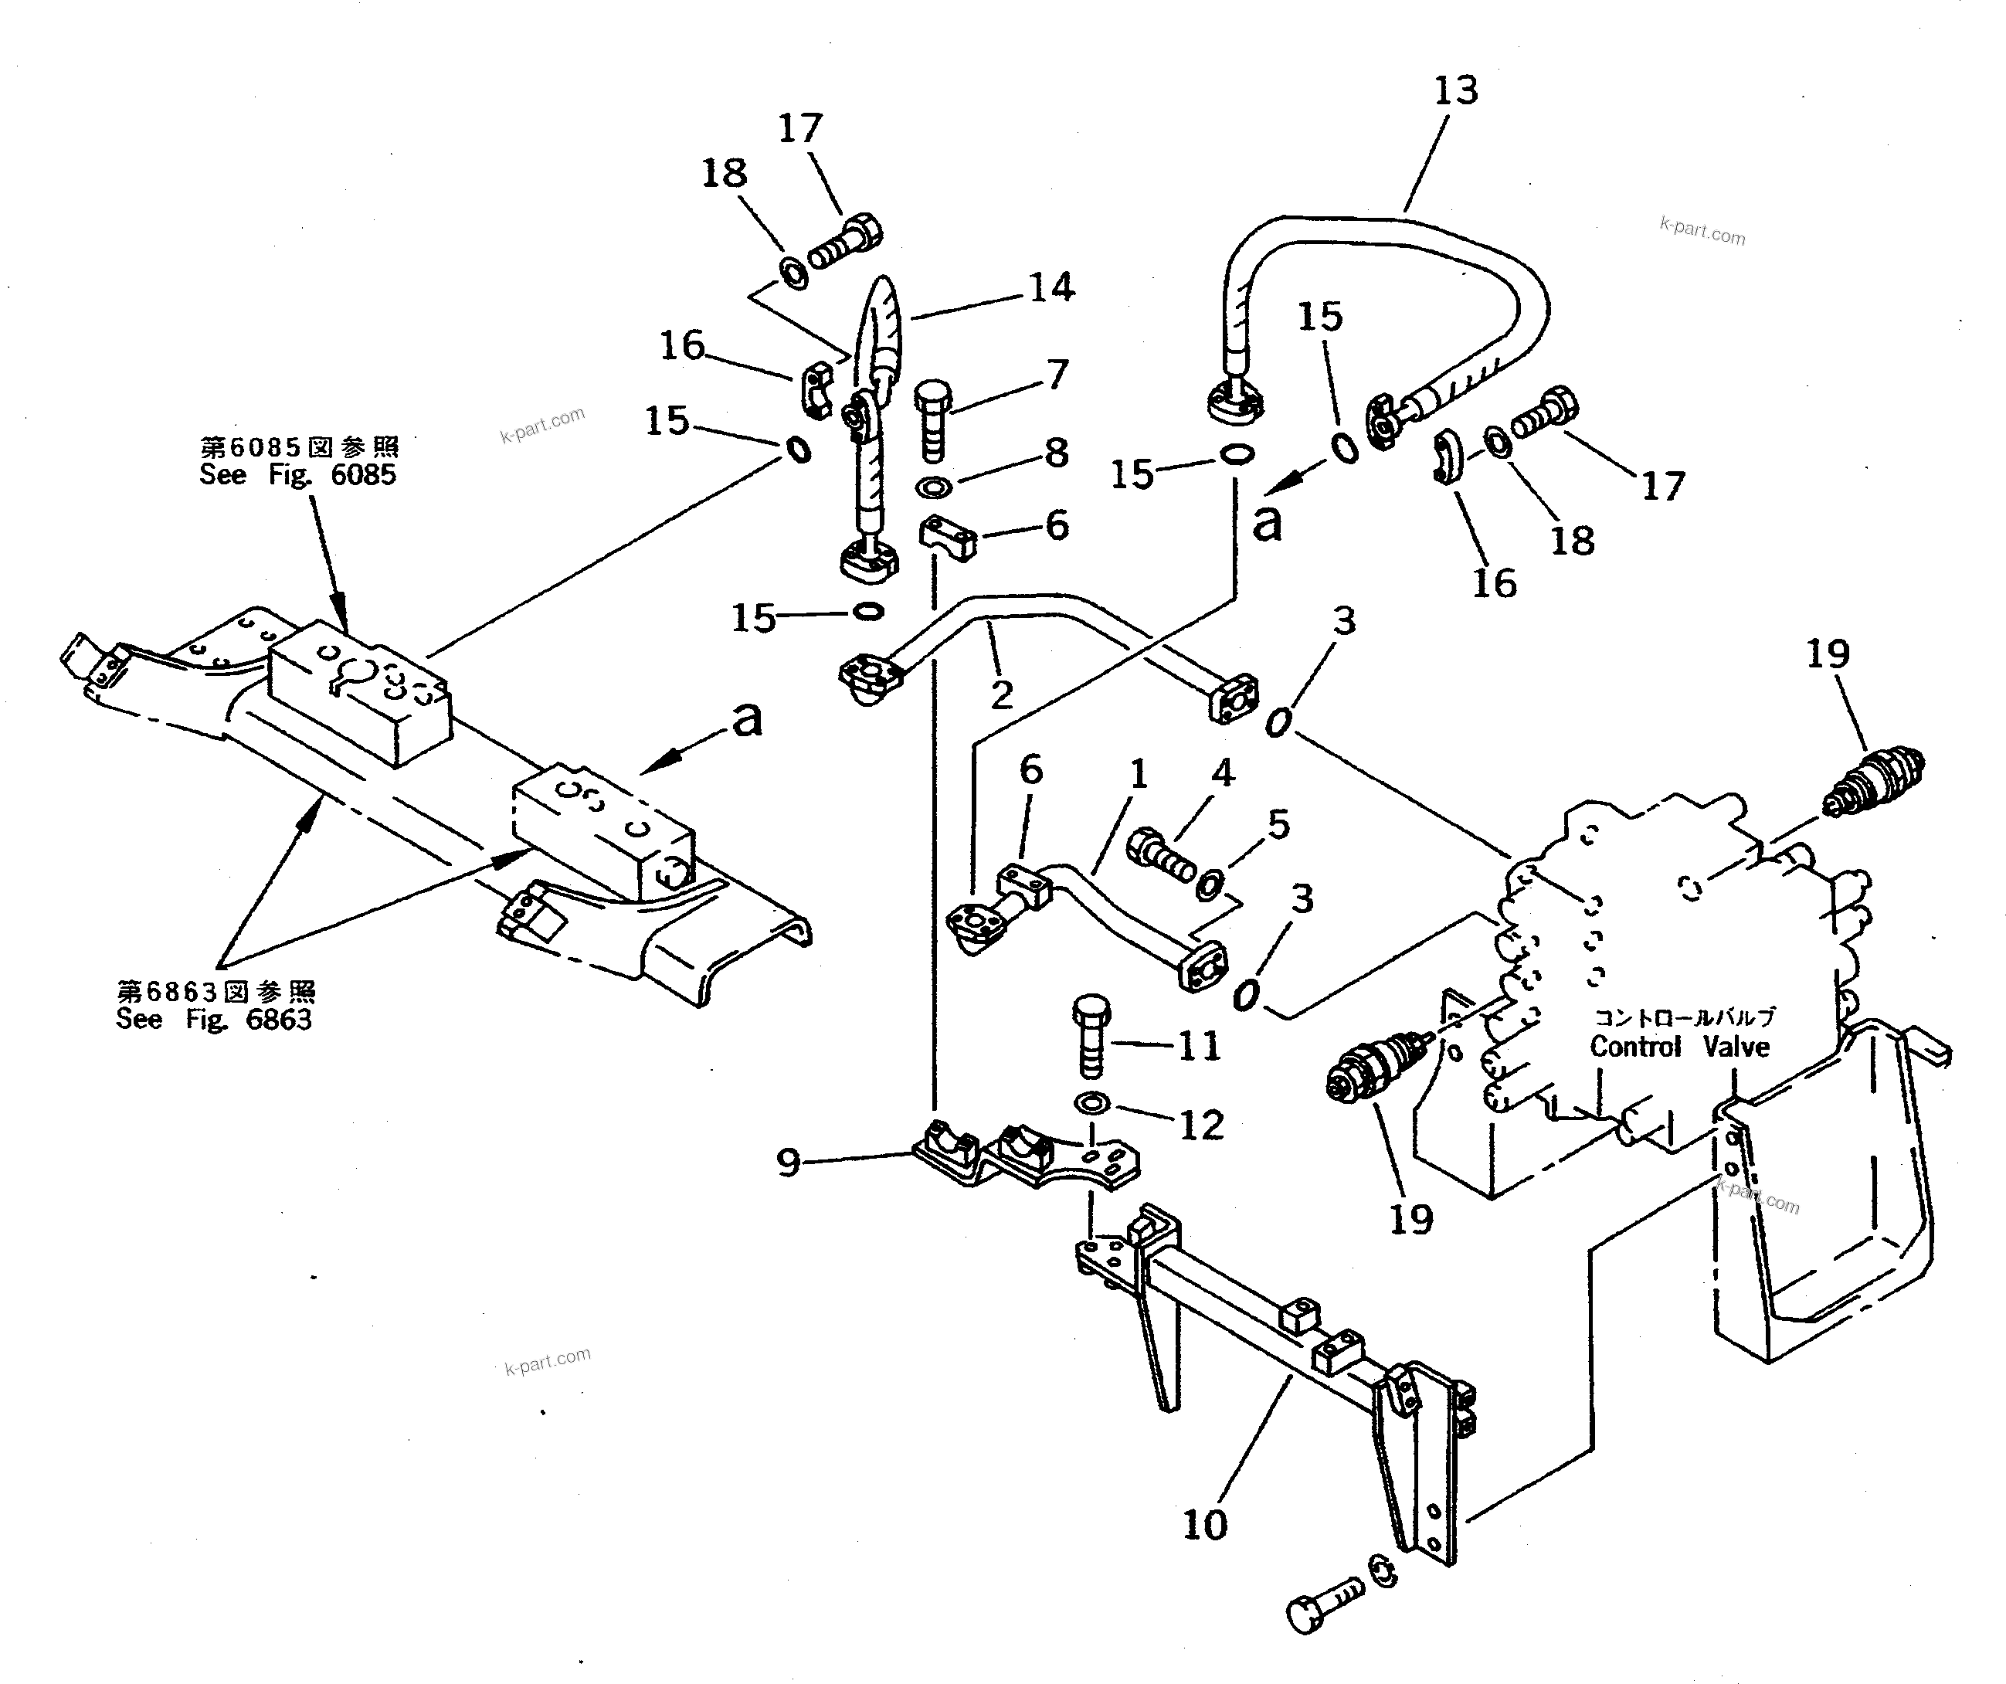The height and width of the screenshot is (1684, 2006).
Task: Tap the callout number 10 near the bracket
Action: click(x=1204, y=1523)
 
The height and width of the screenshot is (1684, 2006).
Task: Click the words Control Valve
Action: click(x=1679, y=1047)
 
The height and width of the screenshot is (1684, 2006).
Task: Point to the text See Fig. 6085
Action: click(x=297, y=475)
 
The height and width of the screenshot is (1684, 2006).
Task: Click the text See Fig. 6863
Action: click(x=214, y=1019)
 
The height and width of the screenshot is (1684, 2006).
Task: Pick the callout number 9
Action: click(x=788, y=1163)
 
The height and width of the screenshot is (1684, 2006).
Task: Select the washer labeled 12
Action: click(x=1092, y=1103)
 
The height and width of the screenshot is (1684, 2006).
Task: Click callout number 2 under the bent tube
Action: click(x=1001, y=695)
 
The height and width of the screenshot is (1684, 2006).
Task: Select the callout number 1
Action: click(x=1139, y=775)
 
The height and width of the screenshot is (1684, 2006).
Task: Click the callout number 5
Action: click(x=1278, y=823)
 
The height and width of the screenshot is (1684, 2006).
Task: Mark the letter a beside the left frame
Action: click(x=747, y=719)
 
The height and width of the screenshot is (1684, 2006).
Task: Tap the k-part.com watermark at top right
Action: click(x=1702, y=231)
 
